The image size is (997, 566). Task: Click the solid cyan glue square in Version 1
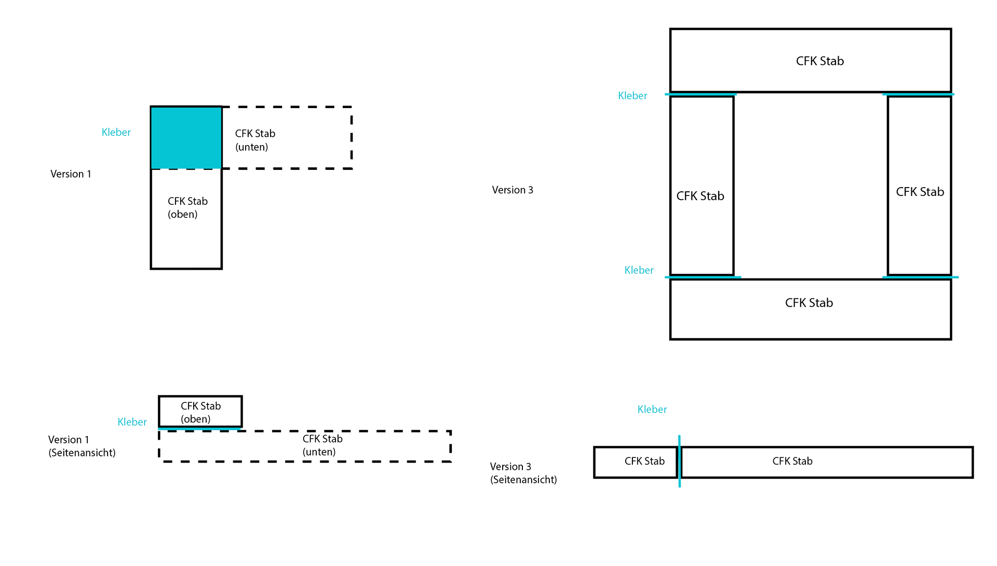tap(186, 138)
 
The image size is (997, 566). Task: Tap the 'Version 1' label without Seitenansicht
tap(71, 174)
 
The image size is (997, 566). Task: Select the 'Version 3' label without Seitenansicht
tap(513, 190)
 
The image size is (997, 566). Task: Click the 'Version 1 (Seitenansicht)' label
tap(82, 446)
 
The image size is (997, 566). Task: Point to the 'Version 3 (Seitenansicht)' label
tap(523, 473)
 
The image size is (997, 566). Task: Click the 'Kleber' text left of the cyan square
tap(116, 133)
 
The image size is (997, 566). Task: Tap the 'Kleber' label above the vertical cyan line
tap(652, 410)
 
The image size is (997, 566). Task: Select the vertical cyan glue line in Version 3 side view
tap(679, 461)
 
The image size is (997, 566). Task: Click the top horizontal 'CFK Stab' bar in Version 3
tap(810, 61)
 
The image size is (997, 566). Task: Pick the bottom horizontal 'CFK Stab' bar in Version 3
tap(810, 309)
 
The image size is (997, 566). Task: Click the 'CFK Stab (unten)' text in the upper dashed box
tap(255, 140)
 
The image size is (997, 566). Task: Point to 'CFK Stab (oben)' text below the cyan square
tap(187, 208)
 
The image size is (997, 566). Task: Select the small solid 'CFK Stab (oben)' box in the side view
tap(200, 412)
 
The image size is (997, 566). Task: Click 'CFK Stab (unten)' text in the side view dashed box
tap(322, 445)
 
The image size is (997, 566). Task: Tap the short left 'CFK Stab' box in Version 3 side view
tap(636, 462)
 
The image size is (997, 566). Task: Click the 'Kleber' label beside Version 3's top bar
tap(632, 96)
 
